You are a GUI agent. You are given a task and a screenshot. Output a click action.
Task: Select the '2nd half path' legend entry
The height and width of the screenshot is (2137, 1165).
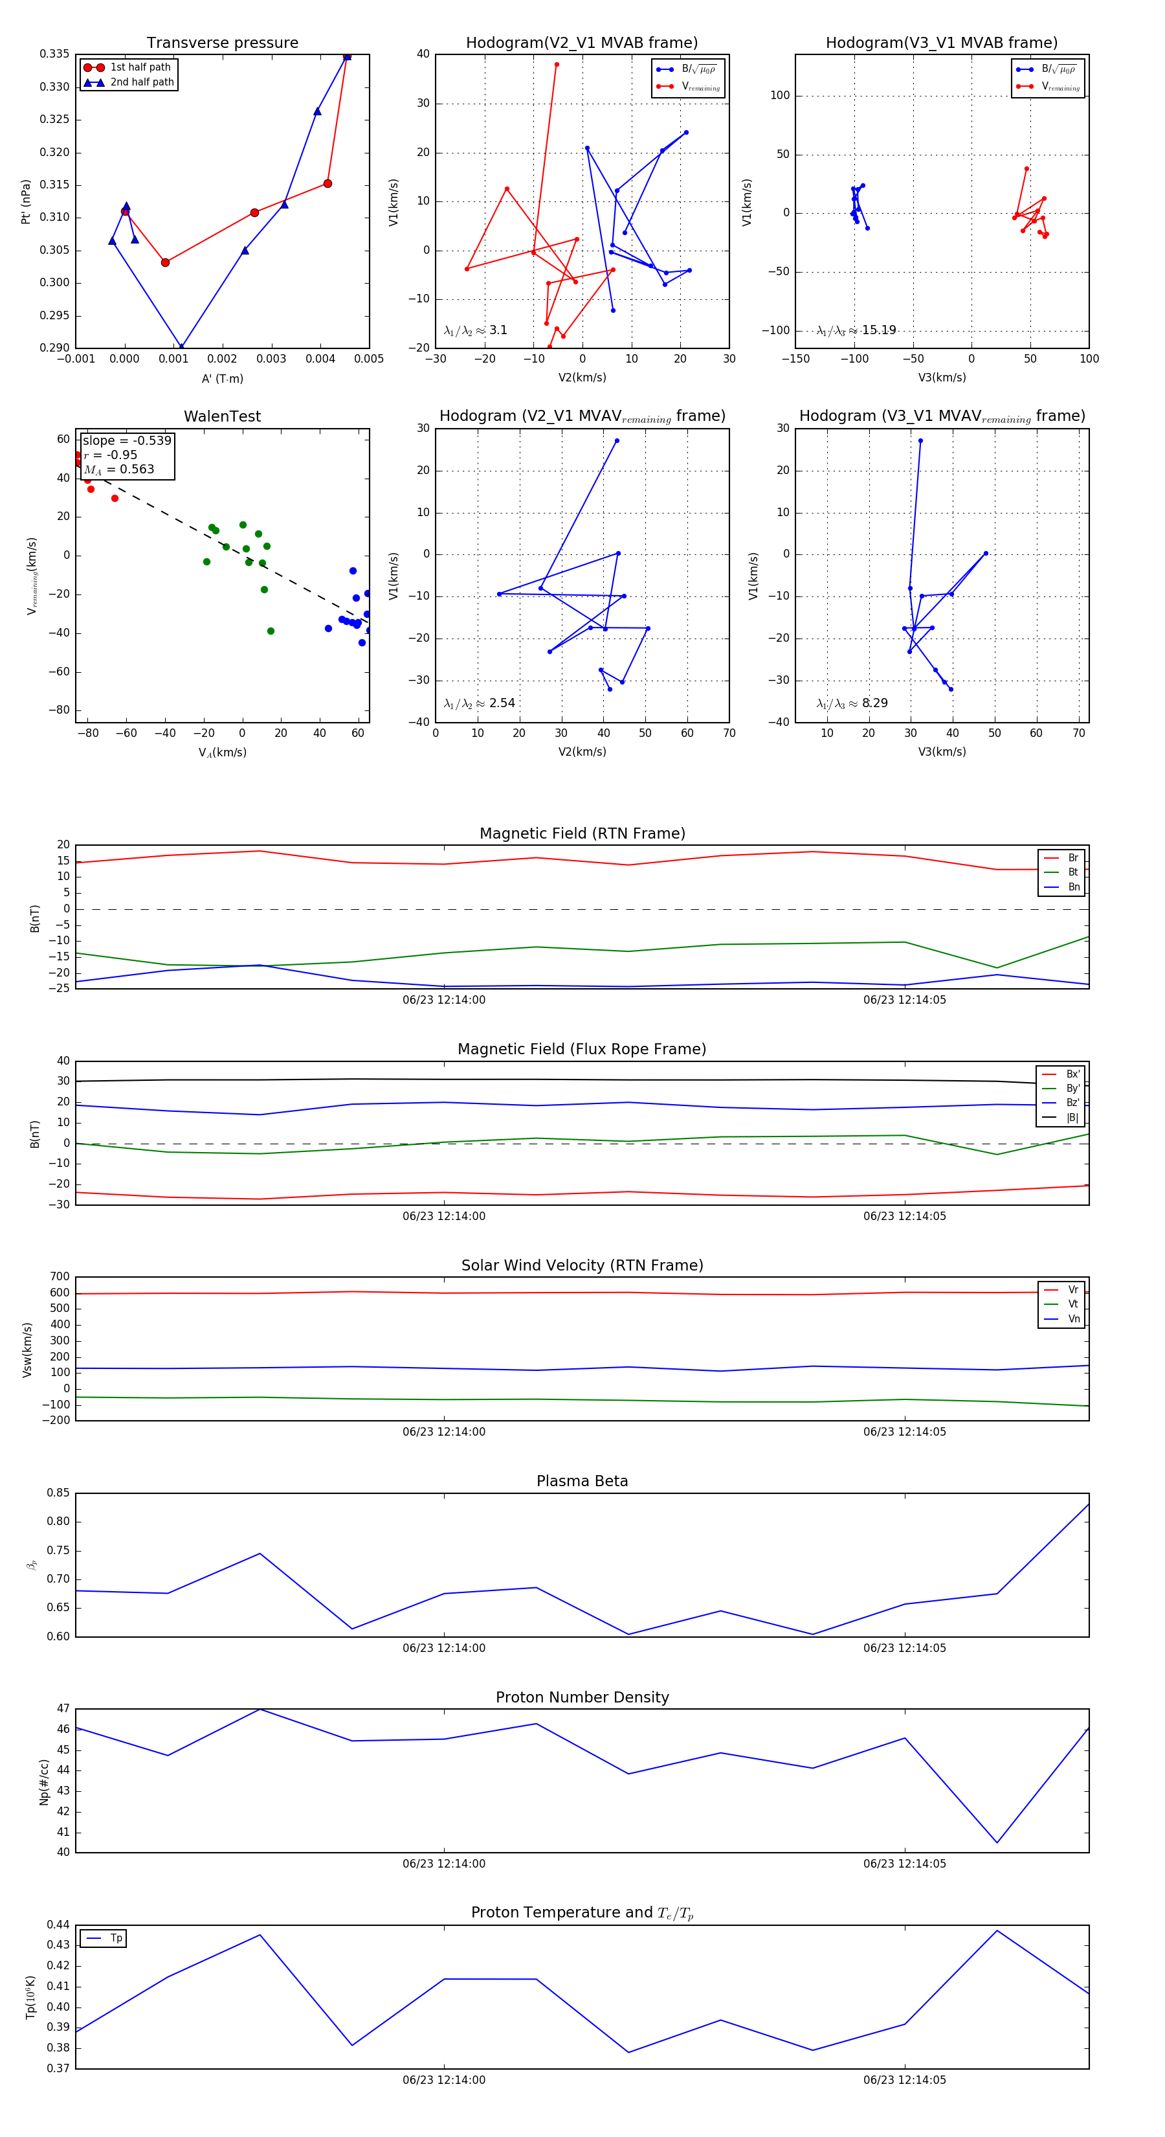142,82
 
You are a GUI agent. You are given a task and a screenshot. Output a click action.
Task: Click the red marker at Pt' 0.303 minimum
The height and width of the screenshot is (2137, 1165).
165,263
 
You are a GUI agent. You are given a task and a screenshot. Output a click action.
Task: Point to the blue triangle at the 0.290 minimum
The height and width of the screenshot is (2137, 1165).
182,346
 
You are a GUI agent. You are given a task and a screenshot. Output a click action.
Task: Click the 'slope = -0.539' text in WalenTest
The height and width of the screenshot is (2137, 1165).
127,440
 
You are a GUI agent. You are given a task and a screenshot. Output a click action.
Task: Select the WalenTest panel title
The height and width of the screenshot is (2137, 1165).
222,416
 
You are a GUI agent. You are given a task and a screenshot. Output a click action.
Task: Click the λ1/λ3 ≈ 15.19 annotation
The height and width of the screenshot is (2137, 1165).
856,330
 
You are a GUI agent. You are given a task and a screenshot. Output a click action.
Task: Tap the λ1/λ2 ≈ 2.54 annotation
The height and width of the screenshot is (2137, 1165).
479,703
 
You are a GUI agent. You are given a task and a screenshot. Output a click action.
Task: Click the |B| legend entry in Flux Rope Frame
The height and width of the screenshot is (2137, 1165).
1071,1118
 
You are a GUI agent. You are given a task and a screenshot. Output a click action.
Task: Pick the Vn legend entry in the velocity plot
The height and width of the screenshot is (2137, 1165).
1073,1319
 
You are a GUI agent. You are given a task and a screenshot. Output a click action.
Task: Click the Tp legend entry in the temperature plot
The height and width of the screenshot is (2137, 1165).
115,1939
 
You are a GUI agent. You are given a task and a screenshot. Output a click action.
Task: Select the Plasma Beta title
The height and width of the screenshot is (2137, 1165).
582,1482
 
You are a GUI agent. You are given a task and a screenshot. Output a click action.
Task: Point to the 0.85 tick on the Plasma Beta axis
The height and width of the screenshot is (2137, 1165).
58,1493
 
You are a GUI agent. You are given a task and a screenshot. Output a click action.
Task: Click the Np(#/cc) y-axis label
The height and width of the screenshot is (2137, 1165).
45,1781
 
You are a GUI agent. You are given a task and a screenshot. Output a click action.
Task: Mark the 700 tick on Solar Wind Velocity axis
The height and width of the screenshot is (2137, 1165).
60,1278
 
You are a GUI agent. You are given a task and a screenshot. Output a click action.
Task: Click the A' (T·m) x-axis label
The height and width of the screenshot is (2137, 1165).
222,379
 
